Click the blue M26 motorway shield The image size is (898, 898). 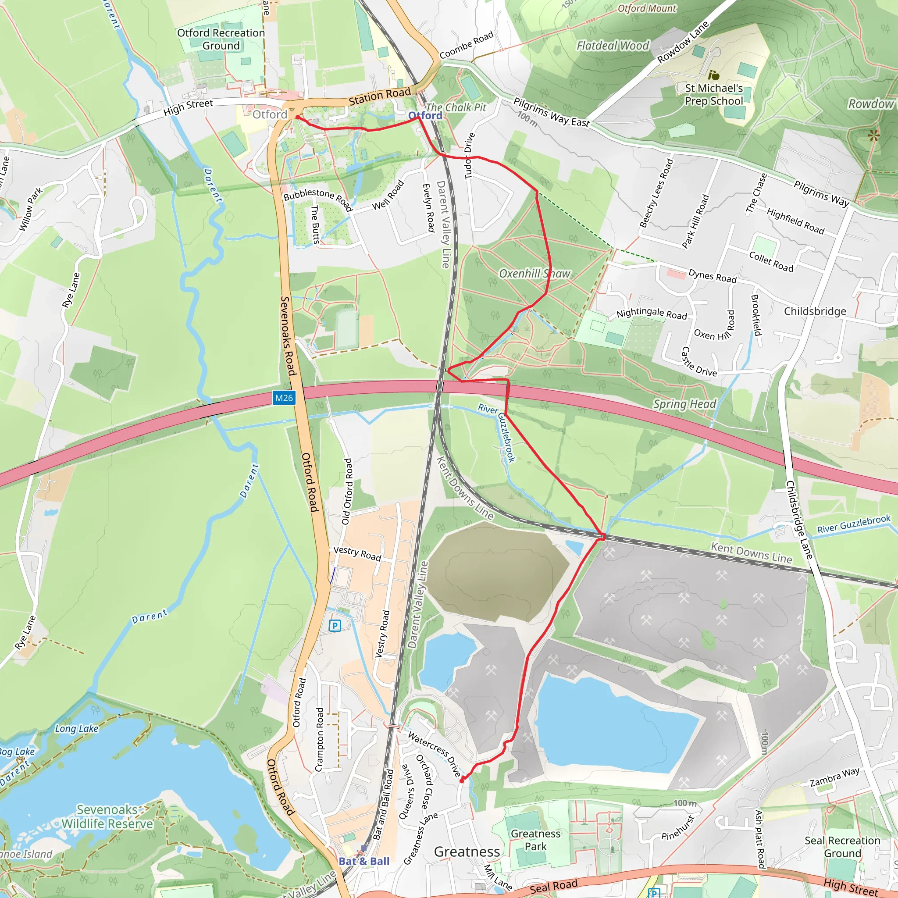tap(284, 398)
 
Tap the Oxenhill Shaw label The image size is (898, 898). tap(535, 274)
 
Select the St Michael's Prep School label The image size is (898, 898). tap(713, 94)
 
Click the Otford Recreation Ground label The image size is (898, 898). tap(221, 39)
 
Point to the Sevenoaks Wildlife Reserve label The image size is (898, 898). tap(107, 816)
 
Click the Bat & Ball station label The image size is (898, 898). tap(364, 861)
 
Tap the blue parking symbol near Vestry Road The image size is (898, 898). tap(335, 626)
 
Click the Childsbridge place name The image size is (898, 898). tap(815, 311)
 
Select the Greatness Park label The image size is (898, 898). tap(535, 840)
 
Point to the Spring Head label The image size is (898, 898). tap(684, 404)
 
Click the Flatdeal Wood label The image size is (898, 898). tap(613, 46)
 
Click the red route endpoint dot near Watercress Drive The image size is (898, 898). tap(462, 781)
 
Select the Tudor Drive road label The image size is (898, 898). tap(470, 156)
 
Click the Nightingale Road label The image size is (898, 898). tap(651, 314)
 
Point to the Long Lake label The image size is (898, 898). tap(76, 729)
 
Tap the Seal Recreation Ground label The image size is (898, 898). tap(842, 847)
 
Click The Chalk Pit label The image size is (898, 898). tap(456, 107)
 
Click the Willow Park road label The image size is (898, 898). tap(30, 209)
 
